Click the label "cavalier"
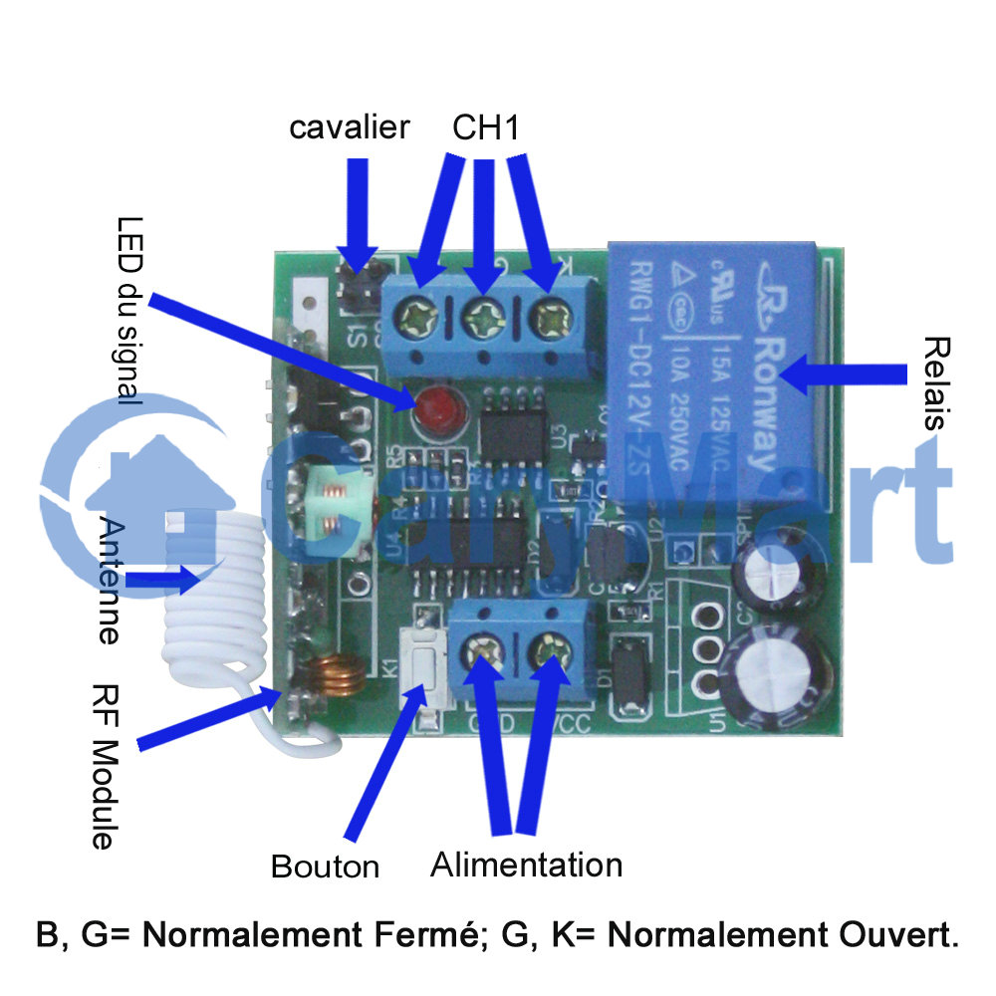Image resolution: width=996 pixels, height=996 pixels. tap(349, 127)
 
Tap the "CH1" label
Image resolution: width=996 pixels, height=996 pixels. tap(486, 127)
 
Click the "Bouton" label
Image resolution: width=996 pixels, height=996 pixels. tap(325, 867)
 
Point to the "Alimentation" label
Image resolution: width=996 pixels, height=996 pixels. tap(526, 864)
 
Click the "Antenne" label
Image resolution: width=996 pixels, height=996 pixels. tap(112, 582)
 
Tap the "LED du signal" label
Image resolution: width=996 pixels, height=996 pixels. tap(128, 310)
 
